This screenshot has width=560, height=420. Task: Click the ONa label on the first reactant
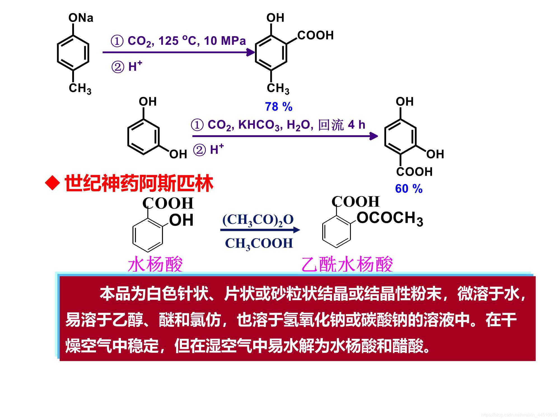tap(81, 18)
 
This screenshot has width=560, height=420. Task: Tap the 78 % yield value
tap(279, 107)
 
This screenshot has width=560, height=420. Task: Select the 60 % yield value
tap(409, 189)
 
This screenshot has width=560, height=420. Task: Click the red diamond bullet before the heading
tap(53, 183)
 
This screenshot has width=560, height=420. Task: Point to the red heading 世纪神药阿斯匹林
tap(139, 183)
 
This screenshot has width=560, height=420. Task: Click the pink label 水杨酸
tap(155, 264)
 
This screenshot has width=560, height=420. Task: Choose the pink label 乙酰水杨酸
tap(347, 264)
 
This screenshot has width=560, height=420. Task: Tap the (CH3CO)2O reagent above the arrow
tap(258, 220)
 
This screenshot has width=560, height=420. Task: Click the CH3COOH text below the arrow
tap(259, 243)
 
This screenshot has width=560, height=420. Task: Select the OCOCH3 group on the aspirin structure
tap(389, 218)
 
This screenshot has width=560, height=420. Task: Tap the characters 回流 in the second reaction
tap(331, 125)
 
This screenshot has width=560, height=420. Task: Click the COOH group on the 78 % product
tap(315, 36)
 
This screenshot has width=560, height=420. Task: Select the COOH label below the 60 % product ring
tap(414, 172)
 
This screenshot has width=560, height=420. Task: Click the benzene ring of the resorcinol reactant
tap(143, 137)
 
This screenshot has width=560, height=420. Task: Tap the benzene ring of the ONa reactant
tap(73, 53)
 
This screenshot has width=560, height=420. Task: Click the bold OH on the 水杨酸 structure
tap(181, 220)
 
